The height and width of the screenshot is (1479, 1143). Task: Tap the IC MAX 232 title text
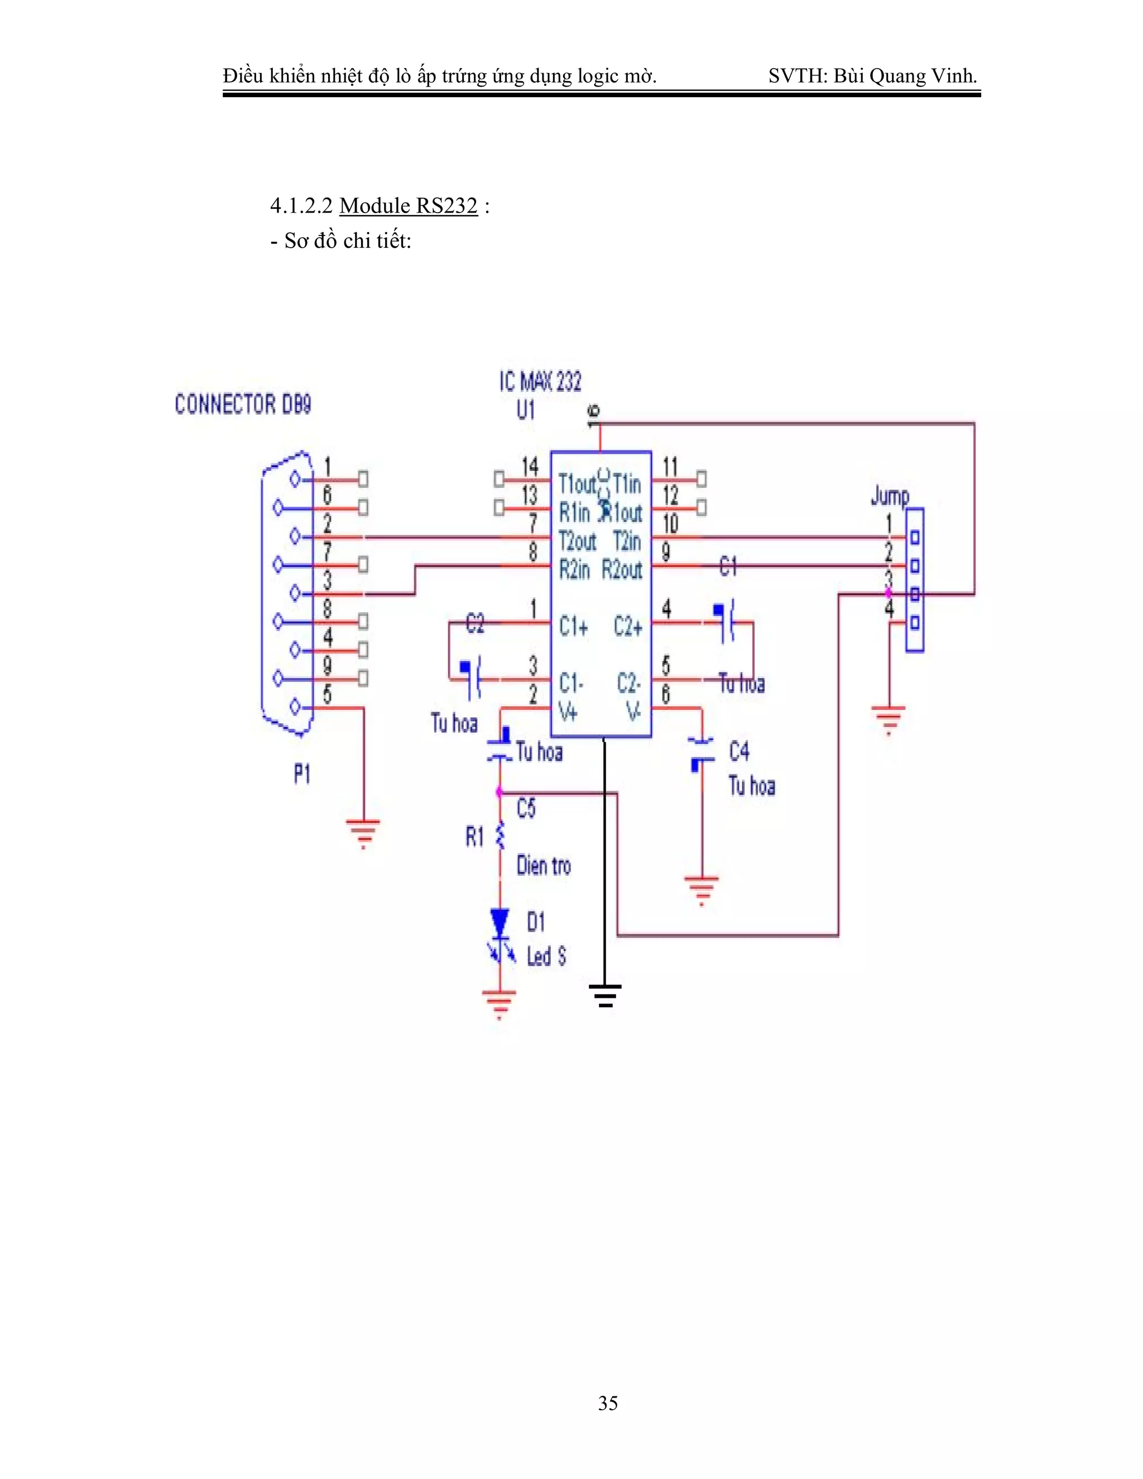tap(540, 382)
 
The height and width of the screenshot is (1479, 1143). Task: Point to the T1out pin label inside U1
tap(576, 483)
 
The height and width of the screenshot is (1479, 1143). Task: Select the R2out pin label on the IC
tap(622, 570)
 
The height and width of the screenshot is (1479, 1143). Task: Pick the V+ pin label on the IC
tap(568, 712)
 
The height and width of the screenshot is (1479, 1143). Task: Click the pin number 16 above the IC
tap(593, 414)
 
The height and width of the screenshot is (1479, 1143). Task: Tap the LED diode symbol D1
tap(500, 923)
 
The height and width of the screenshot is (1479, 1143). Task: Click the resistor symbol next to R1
tap(500, 837)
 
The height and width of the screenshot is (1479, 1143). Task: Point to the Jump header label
tap(890, 496)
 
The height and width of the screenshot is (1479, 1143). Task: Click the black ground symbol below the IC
tap(604, 995)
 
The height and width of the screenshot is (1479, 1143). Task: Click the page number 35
tap(607, 1403)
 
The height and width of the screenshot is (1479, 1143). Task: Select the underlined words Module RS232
tap(409, 205)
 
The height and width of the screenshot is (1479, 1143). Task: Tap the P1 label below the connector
tap(302, 774)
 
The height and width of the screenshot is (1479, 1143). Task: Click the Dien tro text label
tap(543, 866)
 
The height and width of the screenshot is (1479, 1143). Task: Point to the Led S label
tap(546, 956)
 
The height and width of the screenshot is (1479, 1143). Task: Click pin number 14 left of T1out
tap(530, 467)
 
